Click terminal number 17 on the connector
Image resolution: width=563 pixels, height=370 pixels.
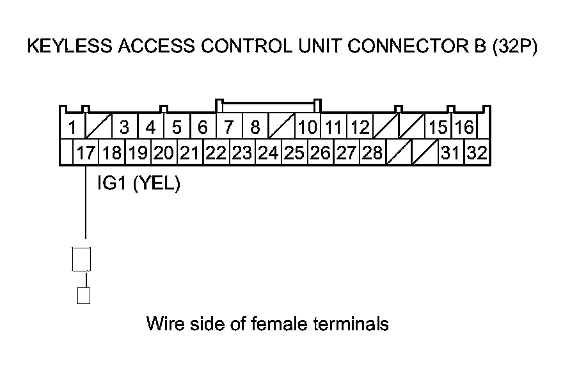click(85, 154)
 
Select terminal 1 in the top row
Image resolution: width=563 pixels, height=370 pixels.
click(73, 127)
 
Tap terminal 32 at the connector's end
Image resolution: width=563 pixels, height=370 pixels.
click(475, 154)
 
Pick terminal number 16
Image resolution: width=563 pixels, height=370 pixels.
click(464, 127)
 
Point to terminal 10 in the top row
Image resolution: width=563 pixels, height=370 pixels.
click(308, 127)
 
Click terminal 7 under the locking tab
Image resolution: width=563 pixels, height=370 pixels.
click(228, 127)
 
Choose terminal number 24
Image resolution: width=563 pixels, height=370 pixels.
click(267, 154)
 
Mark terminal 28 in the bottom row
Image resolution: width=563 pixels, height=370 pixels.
click(371, 154)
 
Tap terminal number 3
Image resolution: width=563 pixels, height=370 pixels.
click(125, 127)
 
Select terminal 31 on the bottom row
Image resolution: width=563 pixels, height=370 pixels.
click(450, 154)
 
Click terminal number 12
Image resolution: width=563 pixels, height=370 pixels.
click(360, 127)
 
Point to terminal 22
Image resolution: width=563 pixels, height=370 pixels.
click(216, 154)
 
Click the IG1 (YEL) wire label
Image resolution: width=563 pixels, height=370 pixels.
click(138, 184)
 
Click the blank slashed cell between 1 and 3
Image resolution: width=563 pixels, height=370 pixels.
click(99, 127)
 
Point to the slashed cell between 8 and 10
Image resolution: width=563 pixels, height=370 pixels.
click(281, 127)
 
